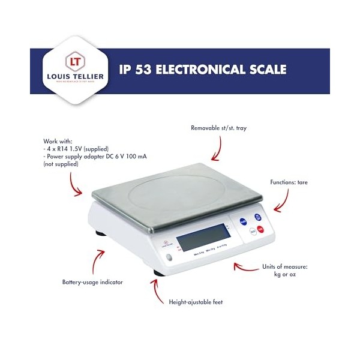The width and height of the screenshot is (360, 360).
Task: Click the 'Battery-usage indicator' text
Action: coord(93,281)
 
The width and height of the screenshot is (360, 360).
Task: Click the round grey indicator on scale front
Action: coord(169,258)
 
